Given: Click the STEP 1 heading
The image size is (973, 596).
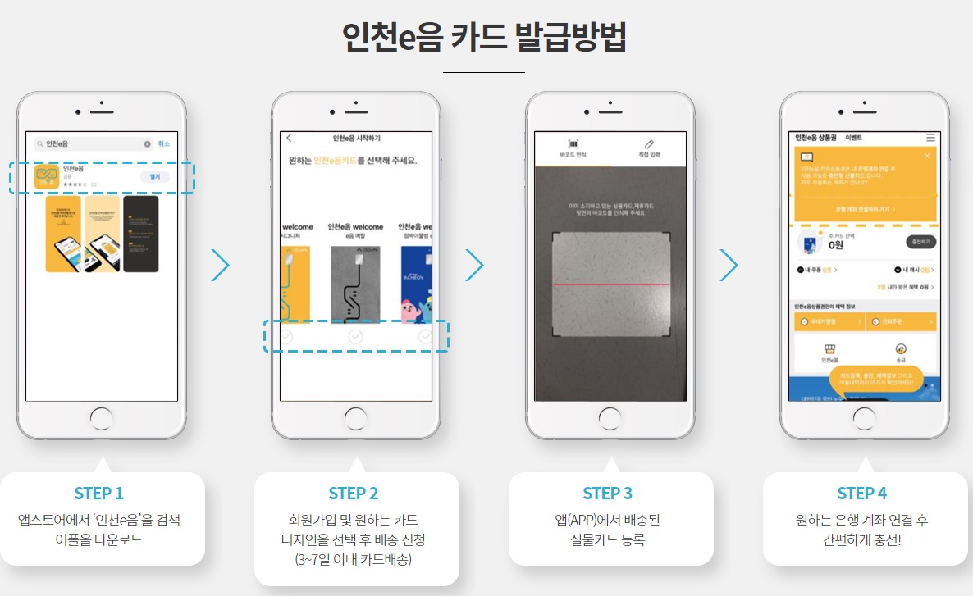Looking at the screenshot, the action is pos(98,493).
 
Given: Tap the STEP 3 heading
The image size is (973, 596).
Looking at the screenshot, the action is pos(607,493).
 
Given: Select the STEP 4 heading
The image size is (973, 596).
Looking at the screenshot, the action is pos(861,493).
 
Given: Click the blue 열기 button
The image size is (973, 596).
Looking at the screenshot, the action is pos(154,176).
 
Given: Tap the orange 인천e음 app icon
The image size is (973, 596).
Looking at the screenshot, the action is pos(48,177).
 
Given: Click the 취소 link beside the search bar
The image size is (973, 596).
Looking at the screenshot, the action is pos(164,144).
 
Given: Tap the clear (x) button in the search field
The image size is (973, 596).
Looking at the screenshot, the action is pos(148,144).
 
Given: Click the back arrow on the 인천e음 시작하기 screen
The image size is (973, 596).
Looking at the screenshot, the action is pos(289,138).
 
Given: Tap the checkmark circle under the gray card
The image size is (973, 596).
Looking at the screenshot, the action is pos(355,336).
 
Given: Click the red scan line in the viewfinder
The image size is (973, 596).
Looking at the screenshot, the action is pos(610,284).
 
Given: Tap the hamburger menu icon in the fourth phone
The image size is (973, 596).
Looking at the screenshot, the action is pos(930,138).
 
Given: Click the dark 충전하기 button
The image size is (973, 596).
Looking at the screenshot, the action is pos(920,242).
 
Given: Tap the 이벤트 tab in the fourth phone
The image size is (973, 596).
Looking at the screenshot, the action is pos(853,138).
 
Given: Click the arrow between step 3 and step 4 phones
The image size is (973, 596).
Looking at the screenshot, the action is pos(729,265).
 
